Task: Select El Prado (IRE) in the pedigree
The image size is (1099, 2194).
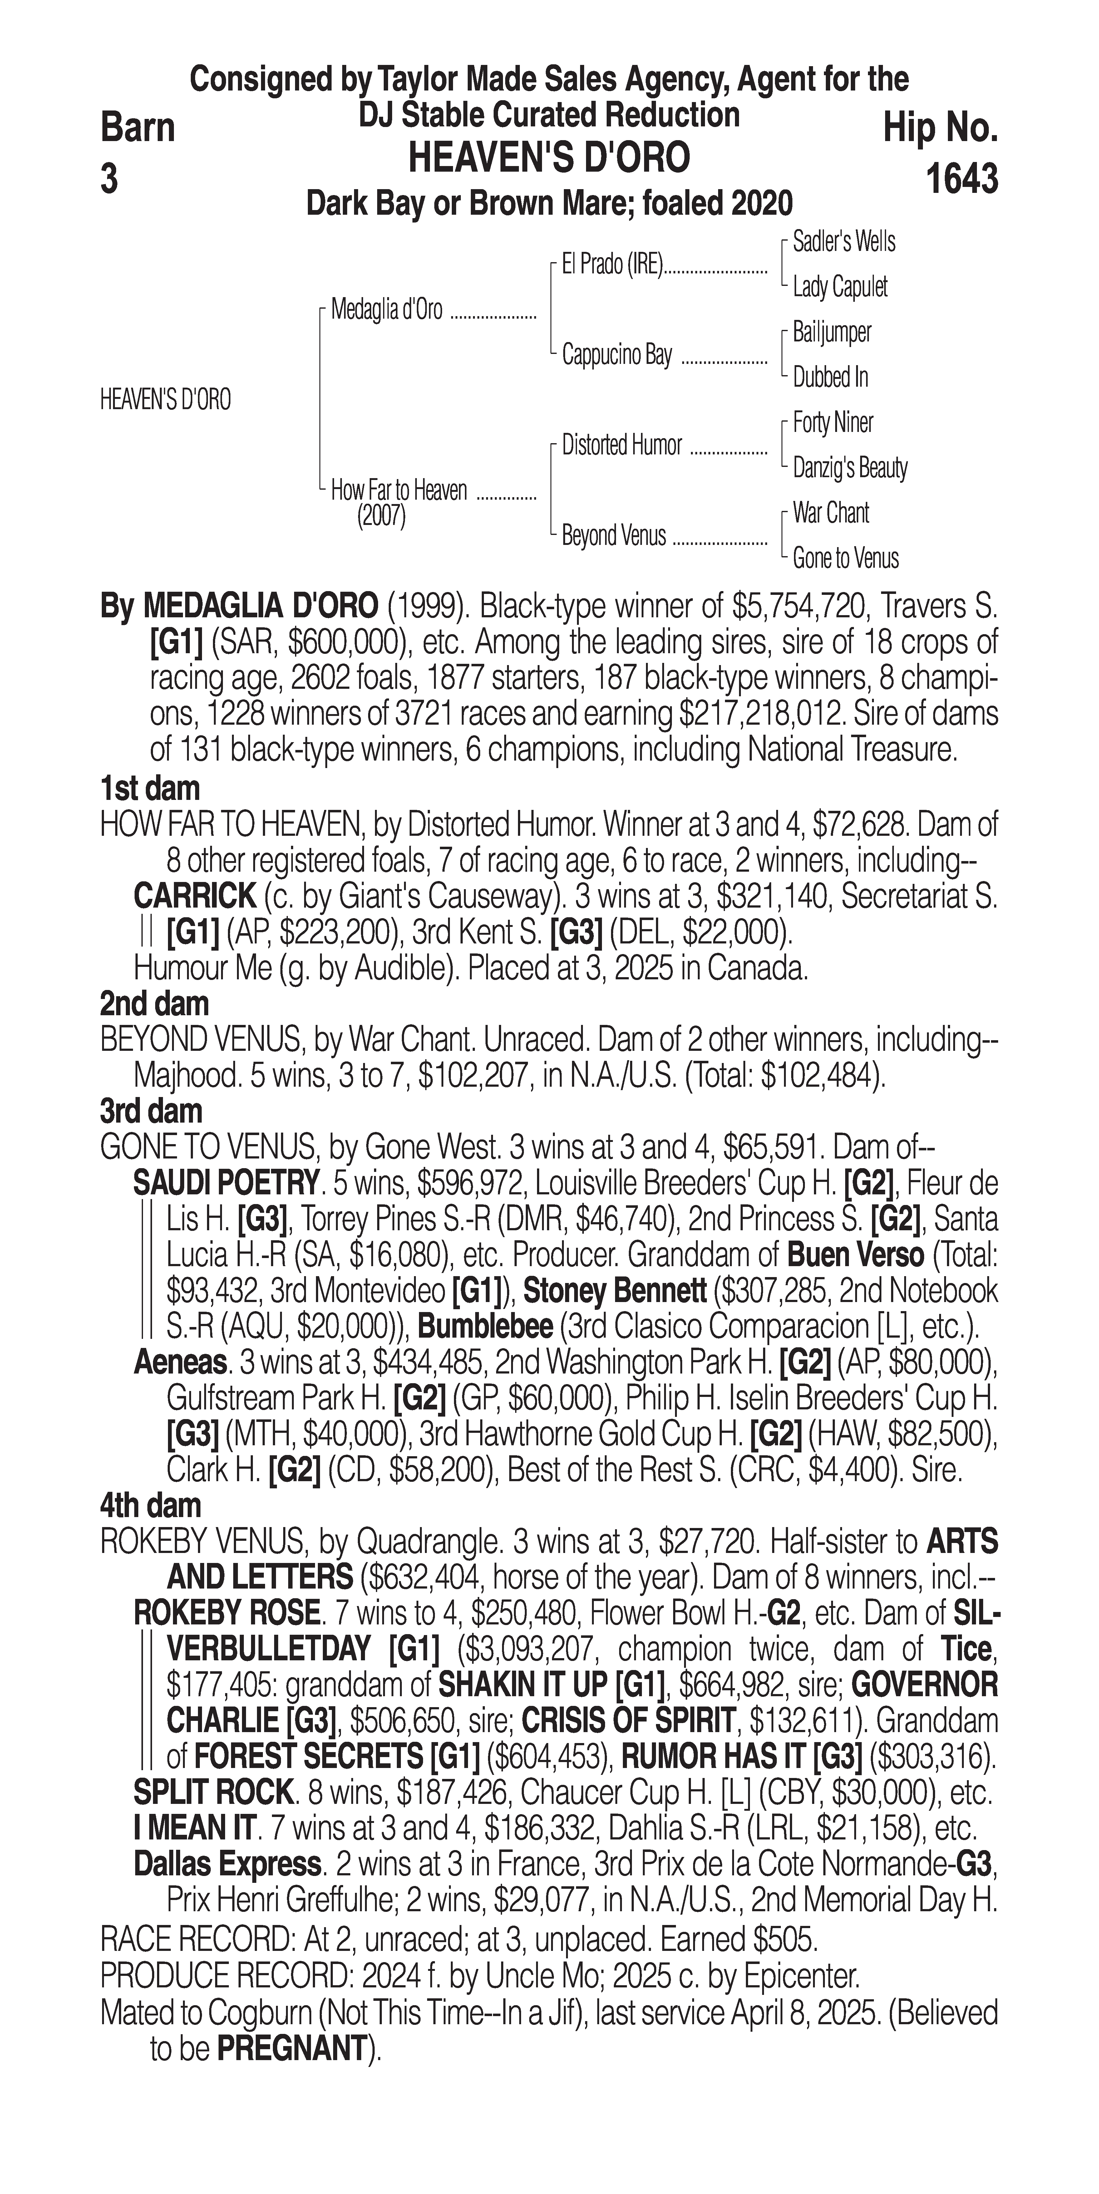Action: click(612, 265)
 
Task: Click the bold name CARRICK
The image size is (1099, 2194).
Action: click(194, 896)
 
